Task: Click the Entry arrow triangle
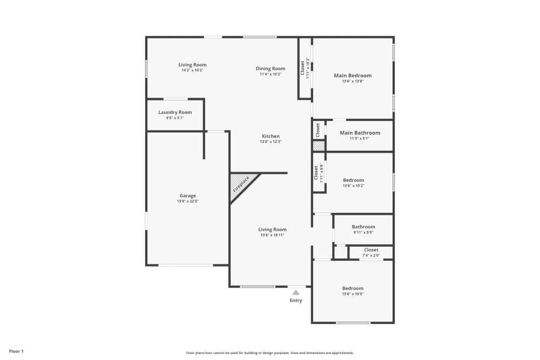point(296,292)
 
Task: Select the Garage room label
point(188,195)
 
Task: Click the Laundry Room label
point(175,112)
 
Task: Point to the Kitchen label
point(271,136)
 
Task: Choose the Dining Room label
point(271,69)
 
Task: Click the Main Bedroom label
point(353,76)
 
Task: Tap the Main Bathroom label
point(360,133)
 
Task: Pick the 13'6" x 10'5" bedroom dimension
point(353,294)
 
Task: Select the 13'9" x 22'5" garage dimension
point(188,201)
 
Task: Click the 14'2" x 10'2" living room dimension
point(193,70)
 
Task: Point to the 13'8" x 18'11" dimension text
point(272,235)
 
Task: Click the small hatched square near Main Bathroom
point(319,146)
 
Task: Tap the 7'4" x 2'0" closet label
point(371,255)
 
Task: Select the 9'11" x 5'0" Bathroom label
point(363,233)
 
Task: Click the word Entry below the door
point(296,301)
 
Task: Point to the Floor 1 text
point(16,351)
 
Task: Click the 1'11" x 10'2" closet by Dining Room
point(308,69)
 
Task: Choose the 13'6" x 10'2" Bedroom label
point(353,186)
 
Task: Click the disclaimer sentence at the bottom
point(270,352)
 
